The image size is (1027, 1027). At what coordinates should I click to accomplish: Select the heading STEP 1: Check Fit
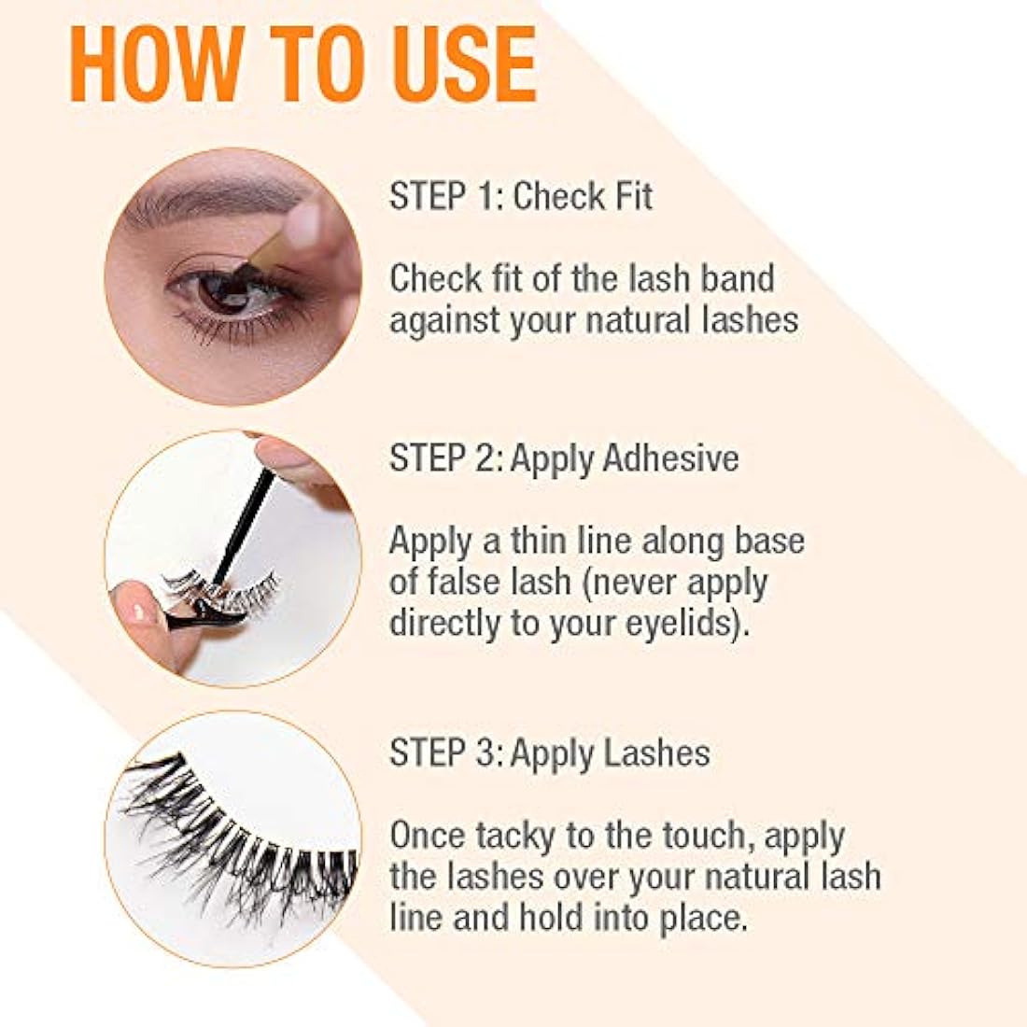(521, 197)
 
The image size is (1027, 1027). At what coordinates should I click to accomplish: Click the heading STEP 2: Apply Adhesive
(564, 458)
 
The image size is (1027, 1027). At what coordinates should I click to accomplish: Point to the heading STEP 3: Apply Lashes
(550, 753)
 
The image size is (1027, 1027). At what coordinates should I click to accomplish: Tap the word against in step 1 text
(445, 320)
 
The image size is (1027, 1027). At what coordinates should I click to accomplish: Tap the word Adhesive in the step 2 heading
(671, 458)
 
